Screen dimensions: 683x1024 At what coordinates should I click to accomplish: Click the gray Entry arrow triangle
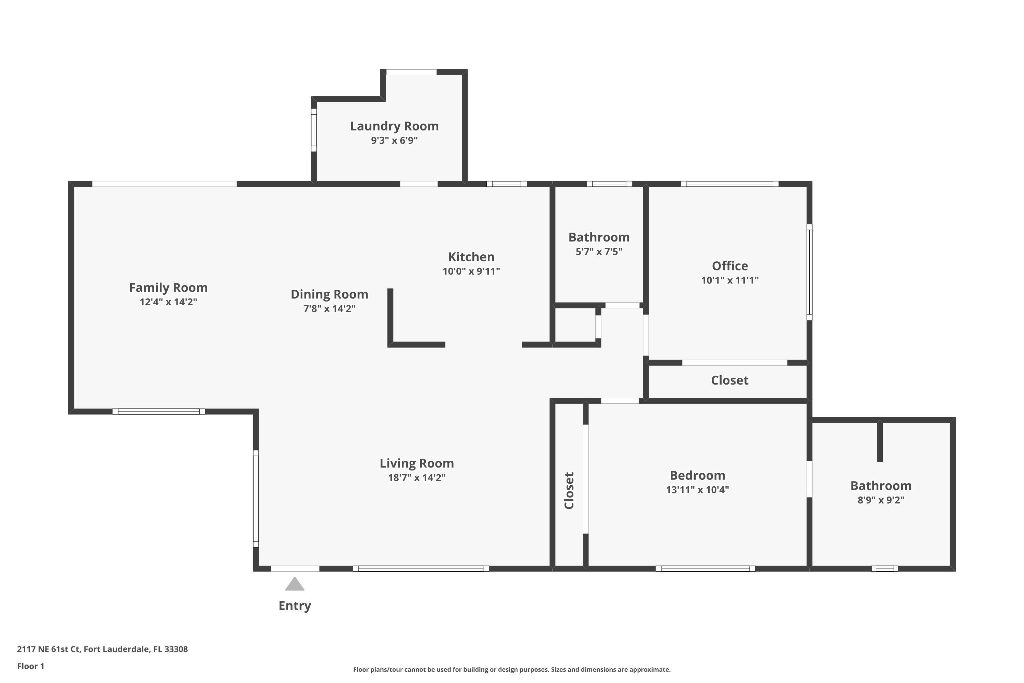[x=295, y=585]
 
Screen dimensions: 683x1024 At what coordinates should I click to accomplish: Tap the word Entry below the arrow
[x=295, y=606]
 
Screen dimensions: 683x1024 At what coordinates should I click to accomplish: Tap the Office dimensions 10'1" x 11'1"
[x=730, y=280]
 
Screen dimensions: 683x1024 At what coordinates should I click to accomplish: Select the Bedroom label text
[x=697, y=475]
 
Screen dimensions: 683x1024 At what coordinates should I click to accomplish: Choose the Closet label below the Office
[x=730, y=380]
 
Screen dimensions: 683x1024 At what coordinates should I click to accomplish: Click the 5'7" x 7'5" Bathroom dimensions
[x=599, y=252]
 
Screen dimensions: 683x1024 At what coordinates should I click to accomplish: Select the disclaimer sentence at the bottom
[x=512, y=669]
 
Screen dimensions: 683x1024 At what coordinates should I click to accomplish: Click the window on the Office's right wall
[x=809, y=272]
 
